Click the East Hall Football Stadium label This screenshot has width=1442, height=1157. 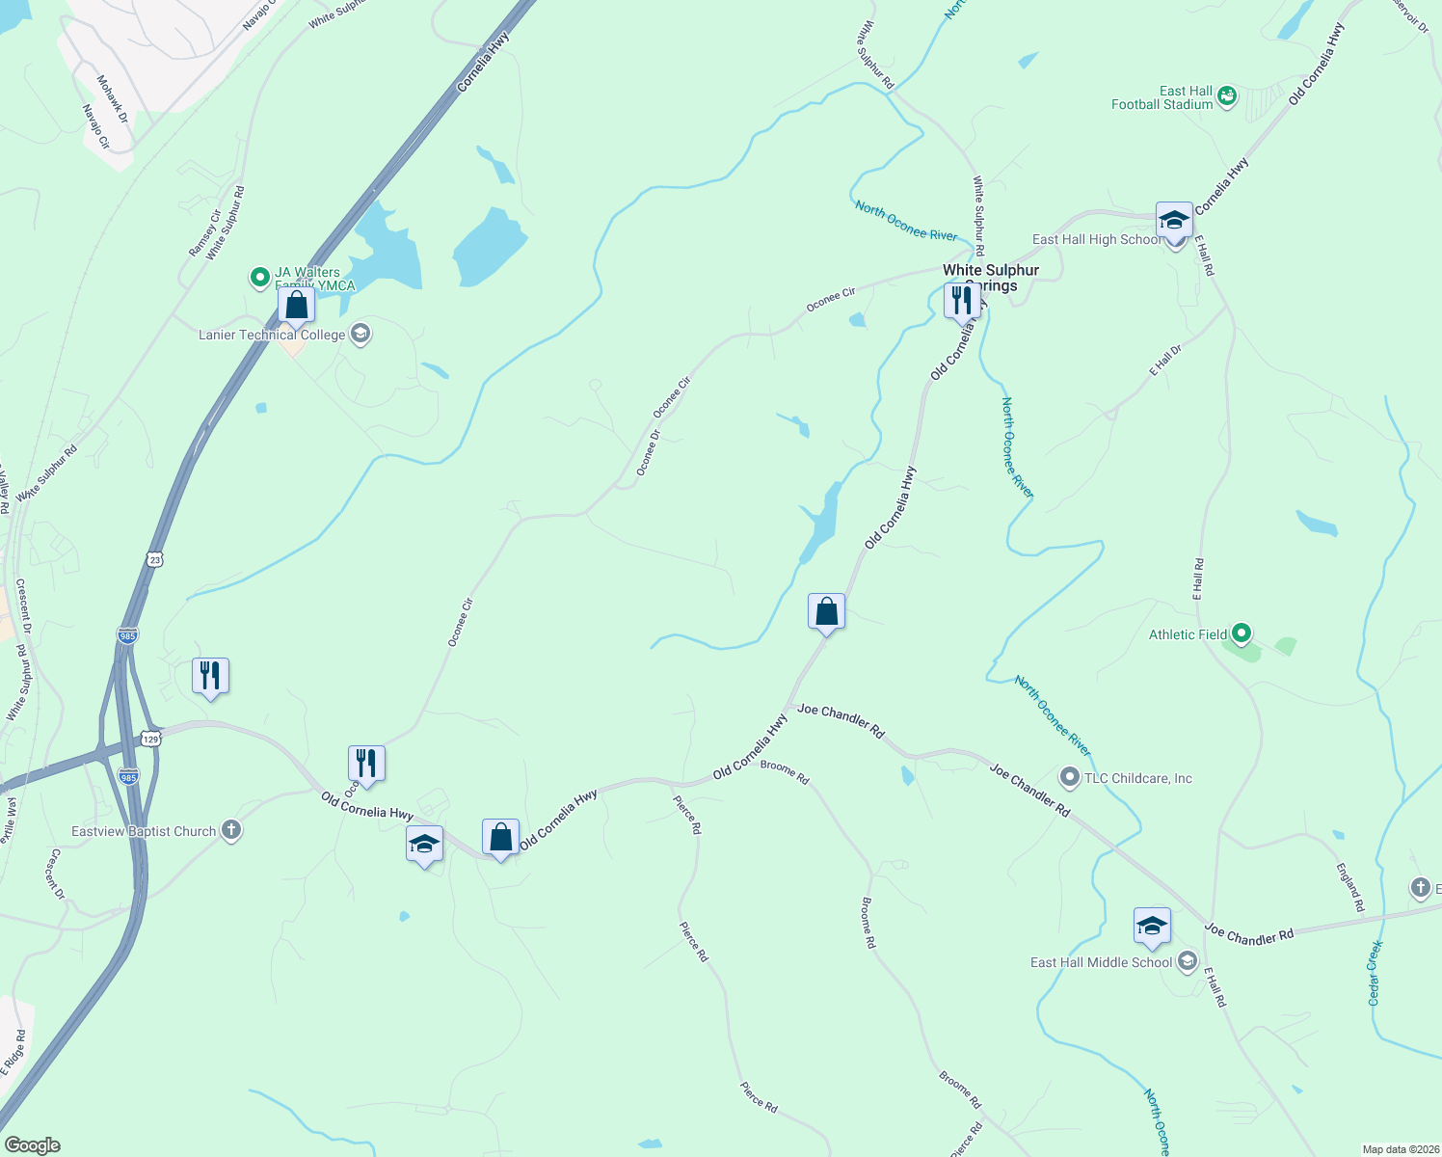point(1162,98)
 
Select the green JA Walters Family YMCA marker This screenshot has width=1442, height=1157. point(259,278)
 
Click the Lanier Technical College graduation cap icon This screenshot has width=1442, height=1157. point(360,335)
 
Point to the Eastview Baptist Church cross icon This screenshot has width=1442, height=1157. point(230,831)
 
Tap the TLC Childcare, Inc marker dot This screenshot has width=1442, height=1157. point(1069,777)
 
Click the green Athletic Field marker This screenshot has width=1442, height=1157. point(1242,634)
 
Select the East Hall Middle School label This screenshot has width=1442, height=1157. point(1101,962)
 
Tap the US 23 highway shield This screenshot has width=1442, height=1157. point(155,559)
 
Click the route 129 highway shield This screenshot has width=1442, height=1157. point(150,739)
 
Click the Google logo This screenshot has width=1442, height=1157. point(33,1145)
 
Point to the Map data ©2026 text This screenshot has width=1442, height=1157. point(1399,1149)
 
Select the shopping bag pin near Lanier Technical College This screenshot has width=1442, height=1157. point(297,306)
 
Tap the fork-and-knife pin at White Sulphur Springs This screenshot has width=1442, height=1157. point(962,301)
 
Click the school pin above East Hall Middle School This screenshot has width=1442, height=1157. point(1152,927)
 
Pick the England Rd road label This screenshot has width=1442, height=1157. point(1350,887)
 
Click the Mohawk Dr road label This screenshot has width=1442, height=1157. point(113,98)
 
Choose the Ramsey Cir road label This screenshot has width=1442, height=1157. point(204,233)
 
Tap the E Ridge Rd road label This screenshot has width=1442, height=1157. point(13,1052)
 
